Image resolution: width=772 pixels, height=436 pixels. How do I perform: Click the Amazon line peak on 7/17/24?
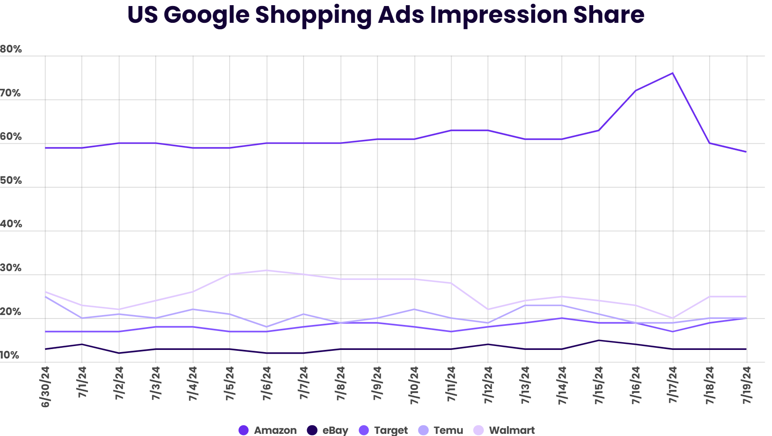point(672,73)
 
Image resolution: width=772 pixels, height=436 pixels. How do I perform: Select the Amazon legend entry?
point(268,430)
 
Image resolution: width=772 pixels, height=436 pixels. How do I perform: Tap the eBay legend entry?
point(327,430)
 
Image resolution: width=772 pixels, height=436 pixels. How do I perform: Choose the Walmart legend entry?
point(504,430)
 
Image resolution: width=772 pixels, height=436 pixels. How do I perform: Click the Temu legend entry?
point(440,430)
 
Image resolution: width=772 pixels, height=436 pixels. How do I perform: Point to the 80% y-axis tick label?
point(11,49)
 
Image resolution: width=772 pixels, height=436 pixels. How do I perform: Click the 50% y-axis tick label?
point(11,180)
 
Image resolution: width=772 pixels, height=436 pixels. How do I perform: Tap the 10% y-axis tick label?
point(9,355)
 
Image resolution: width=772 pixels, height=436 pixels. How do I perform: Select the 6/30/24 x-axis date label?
point(45,387)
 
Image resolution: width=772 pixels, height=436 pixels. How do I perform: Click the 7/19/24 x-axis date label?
point(747,385)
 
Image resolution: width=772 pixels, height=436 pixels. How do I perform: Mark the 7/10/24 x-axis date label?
point(414,385)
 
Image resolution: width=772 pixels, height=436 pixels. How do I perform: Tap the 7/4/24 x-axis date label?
point(193,383)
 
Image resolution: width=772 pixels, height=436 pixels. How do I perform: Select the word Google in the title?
point(206,15)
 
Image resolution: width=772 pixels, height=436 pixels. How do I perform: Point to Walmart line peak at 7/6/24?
point(267,270)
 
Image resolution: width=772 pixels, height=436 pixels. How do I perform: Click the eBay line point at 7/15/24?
point(599,340)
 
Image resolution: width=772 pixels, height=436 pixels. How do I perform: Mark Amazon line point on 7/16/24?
point(635,91)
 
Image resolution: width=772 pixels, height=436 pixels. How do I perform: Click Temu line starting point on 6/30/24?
point(45,297)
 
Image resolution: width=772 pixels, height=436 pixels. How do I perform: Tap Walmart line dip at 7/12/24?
point(488,309)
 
